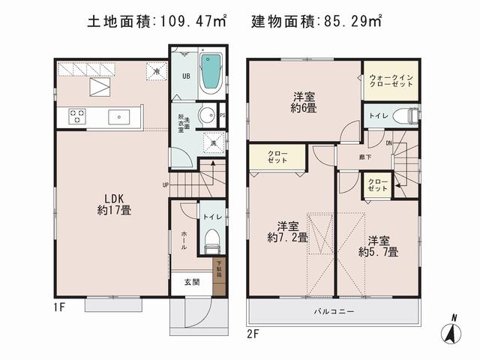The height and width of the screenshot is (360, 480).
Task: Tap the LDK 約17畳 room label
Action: click(114, 204)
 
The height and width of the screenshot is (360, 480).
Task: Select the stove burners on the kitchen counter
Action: click(78, 117)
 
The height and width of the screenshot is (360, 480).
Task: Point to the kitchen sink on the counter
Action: click(120, 117)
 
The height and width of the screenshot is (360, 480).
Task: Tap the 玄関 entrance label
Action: click(191, 282)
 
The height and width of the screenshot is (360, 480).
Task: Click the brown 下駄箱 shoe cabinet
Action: click(219, 268)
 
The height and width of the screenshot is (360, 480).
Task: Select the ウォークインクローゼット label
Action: click(391, 81)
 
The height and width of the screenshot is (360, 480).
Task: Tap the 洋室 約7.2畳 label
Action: click(287, 231)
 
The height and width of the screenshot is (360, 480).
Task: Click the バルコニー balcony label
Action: click(333, 310)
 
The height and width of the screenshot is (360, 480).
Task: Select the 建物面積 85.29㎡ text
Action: click(316, 22)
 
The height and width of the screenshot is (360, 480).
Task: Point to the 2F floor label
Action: click(252, 331)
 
